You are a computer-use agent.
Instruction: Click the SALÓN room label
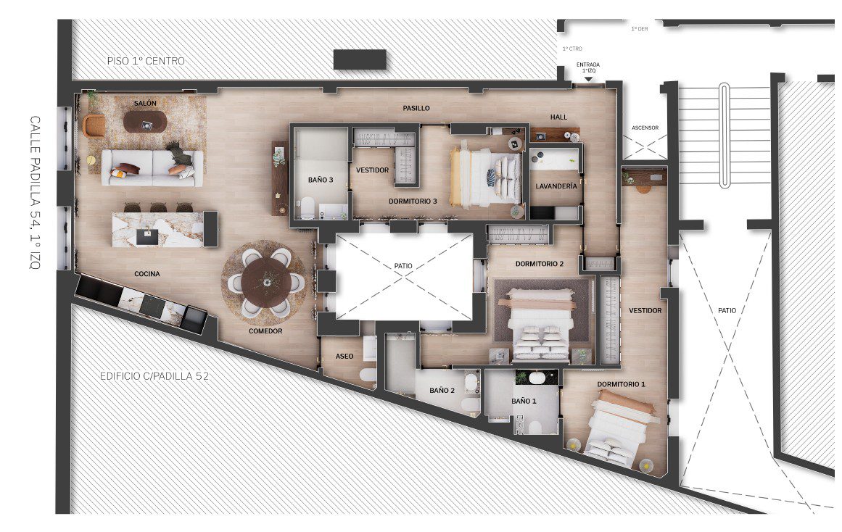point(145,103)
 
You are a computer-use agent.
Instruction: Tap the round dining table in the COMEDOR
point(266,283)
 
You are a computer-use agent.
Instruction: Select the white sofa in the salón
point(152,168)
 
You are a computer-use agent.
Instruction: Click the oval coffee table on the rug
point(145,121)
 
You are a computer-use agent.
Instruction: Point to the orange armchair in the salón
point(94,125)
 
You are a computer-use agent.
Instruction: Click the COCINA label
point(147,274)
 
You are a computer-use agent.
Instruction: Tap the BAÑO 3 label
point(321,180)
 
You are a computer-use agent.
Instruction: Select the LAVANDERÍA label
point(556,186)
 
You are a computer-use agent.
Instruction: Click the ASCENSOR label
point(645,128)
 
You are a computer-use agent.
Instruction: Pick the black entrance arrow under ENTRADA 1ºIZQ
point(588,80)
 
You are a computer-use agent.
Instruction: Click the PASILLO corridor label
point(416,109)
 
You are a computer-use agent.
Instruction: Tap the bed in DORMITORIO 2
point(540,324)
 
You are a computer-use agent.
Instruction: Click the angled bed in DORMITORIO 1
point(619,428)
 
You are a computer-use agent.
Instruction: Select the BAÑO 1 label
point(524,401)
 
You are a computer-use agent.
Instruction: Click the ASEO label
point(344,356)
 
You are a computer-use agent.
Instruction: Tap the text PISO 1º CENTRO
point(146,61)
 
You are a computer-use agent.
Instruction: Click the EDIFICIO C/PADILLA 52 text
point(154,376)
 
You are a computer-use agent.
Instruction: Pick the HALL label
point(558,117)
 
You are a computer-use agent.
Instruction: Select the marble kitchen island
point(158,229)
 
